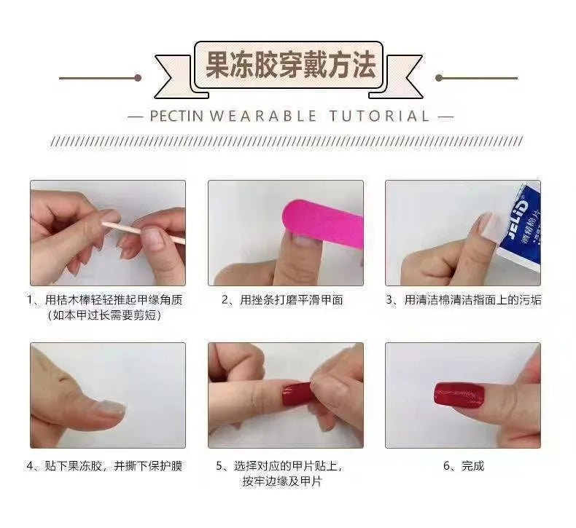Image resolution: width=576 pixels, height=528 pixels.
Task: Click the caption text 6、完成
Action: [464, 466]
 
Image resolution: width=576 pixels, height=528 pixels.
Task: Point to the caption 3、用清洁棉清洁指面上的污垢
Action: [463, 299]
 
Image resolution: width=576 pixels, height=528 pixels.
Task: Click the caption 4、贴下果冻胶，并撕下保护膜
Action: [104, 466]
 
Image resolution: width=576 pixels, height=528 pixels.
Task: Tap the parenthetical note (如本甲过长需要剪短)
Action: [104, 315]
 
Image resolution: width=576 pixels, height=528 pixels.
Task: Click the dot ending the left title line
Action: [137, 77]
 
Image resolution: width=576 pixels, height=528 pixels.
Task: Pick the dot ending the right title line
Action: [438, 77]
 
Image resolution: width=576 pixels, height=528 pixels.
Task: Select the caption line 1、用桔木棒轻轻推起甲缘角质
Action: [104, 299]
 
